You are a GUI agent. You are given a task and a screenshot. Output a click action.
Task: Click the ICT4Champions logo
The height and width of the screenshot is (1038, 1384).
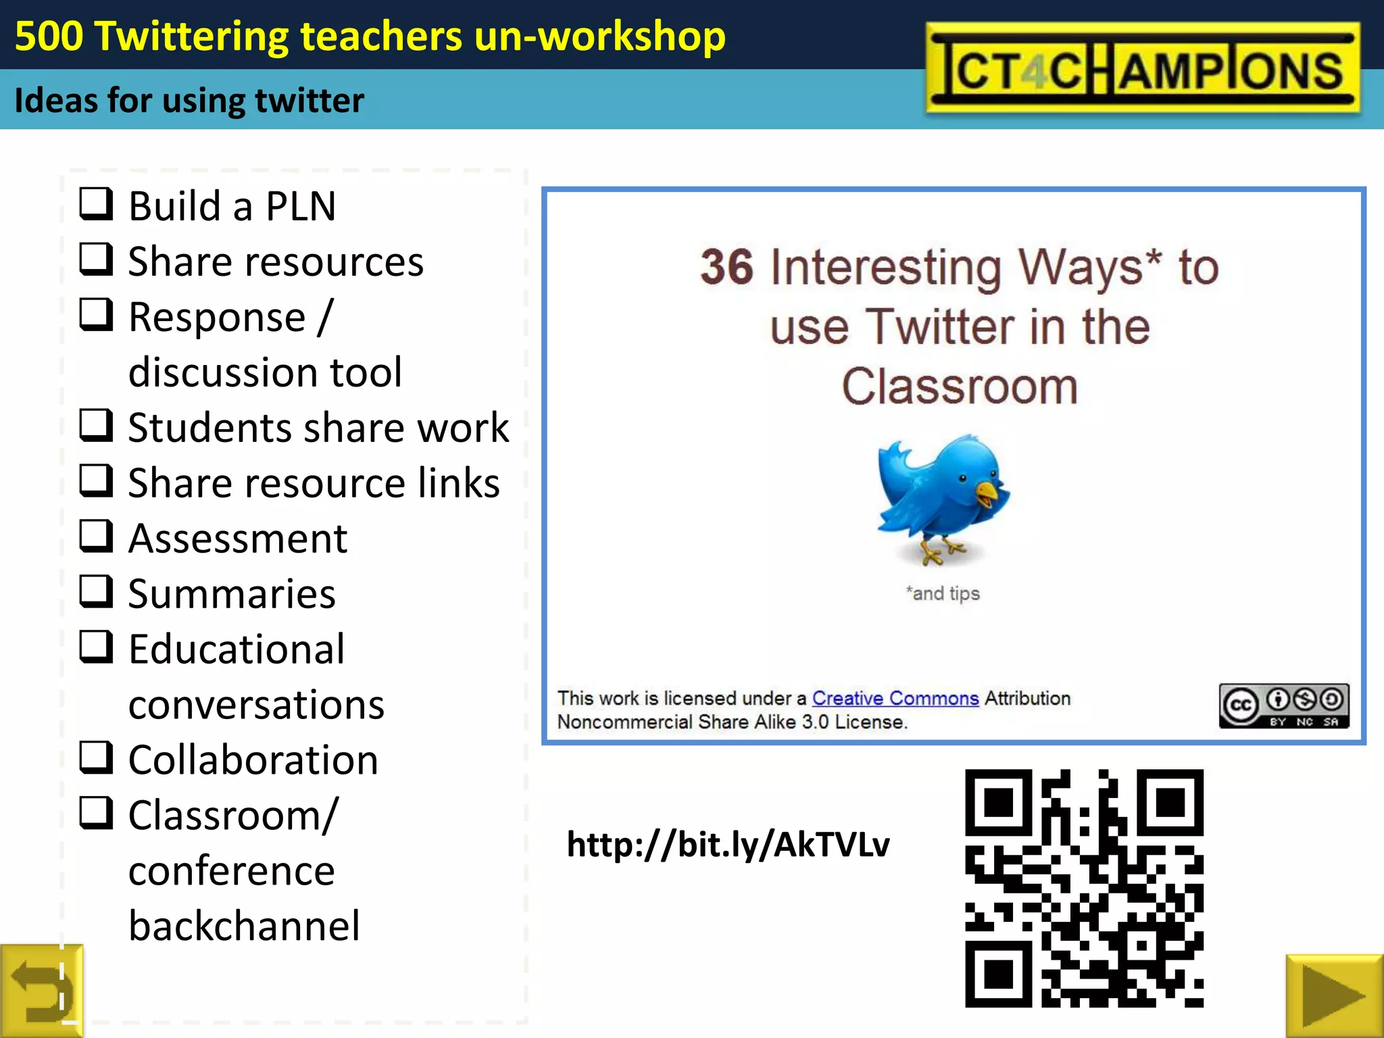[1142, 68]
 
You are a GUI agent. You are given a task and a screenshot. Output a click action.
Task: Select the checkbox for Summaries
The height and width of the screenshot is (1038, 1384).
[96, 591]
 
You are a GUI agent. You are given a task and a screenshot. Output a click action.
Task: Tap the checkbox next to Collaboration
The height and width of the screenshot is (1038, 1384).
[96, 757]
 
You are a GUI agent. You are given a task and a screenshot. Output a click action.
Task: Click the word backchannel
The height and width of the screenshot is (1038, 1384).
[244, 926]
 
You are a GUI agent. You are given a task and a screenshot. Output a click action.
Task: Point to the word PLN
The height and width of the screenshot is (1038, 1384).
[301, 206]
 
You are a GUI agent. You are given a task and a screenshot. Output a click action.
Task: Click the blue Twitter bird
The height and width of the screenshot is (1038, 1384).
[943, 497]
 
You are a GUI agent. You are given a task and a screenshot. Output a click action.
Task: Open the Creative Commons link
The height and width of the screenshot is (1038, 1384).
[895, 698]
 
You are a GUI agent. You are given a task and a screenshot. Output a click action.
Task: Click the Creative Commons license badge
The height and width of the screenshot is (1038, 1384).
[1283, 706]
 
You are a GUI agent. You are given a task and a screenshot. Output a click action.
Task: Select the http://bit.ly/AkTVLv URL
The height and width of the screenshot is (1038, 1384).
[728, 845]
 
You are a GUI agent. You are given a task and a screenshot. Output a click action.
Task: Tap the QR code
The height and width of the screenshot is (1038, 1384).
[1084, 888]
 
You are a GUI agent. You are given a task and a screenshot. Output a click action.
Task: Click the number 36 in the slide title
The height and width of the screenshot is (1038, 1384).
[726, 267]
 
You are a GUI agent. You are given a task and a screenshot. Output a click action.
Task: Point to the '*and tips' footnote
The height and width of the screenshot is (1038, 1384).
[943, 593]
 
